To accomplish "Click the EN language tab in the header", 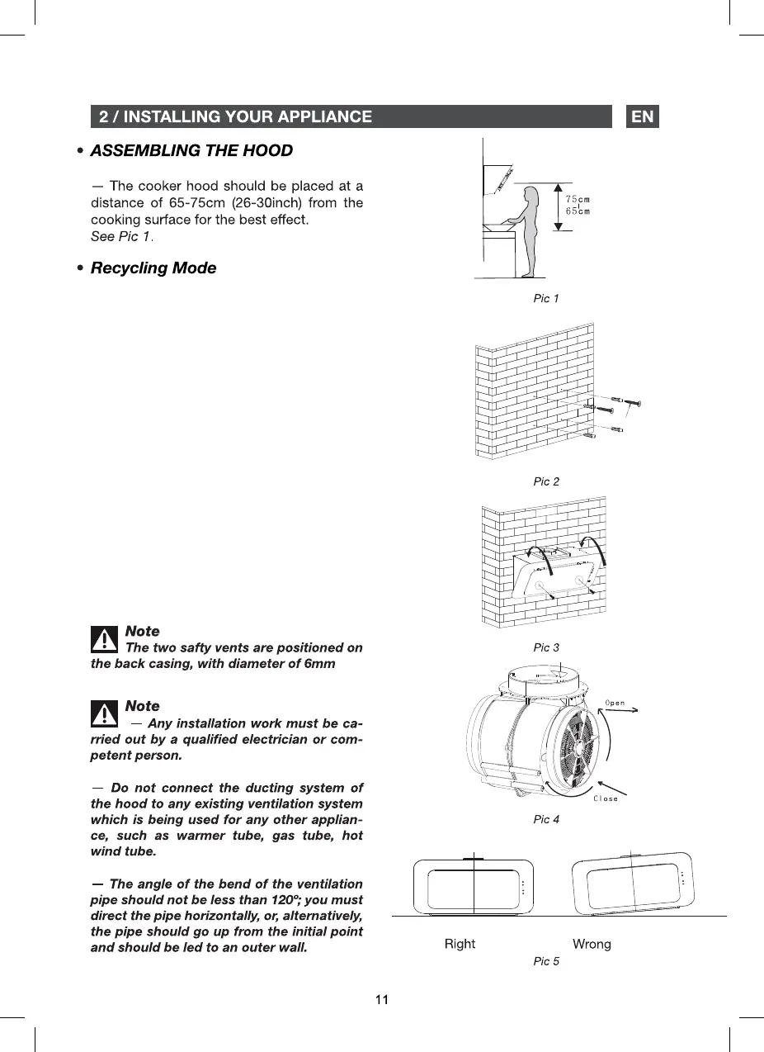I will tap(643, 116).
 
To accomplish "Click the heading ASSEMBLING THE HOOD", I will tap(191, 150).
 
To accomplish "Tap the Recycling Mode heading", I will tap(153, 268).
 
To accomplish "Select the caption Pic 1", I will tap(545, 298).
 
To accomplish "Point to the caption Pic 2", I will tap(545, 481).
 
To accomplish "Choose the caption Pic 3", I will tap(545, 647).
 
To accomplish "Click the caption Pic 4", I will tap(545, 819).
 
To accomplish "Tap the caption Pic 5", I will tap(545, 961).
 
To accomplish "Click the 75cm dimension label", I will tap(578, 200).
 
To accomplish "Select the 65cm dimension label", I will tap(578, 211).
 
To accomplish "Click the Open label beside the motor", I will tap(615, 704).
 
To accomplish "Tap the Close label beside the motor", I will tap(606, 798).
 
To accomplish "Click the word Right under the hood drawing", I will tap(460, 944).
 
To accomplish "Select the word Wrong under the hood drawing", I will tap(592, 944).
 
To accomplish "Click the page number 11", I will tap(382, 1000).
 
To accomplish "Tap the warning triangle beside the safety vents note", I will tap(104, 639).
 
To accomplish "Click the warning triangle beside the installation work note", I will tap(104, 713).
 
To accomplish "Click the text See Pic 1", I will tap(121, 237).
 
